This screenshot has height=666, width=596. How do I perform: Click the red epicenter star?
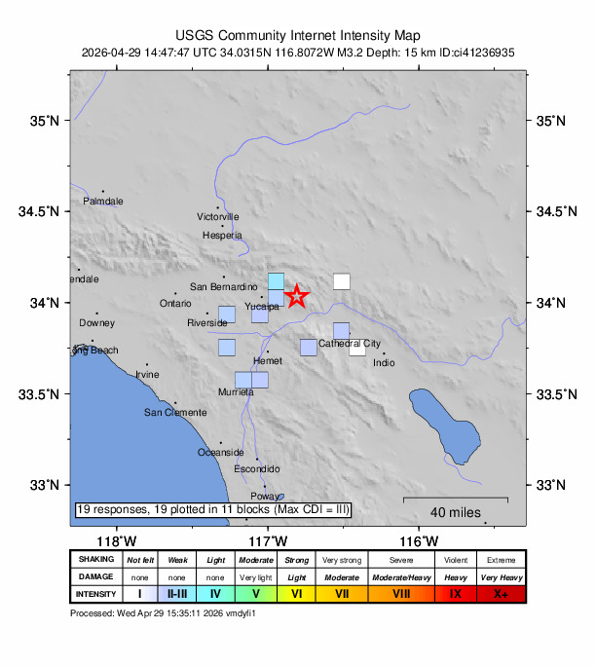[297, 297]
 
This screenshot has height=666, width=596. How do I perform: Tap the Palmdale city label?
[103, 202]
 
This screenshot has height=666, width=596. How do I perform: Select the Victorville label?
[217, 216]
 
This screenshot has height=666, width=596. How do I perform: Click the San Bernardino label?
[222, 286]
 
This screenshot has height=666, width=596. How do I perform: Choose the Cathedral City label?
[350, 344]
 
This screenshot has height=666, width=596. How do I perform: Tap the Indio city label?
[384, 363]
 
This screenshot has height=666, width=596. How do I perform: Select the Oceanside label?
[220, 452]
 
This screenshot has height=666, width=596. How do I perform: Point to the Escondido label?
[257, 468]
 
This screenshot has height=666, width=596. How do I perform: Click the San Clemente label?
[175, 412]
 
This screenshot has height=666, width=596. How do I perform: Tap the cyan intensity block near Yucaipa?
[277, 281]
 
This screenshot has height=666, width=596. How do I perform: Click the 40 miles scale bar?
[456, 499]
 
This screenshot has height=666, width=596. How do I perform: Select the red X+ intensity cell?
[501, 593]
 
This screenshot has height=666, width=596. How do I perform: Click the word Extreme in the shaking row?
[501, 560]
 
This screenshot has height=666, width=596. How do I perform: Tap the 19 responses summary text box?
[212, 509]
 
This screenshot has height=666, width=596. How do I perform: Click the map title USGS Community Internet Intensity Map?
[298, 35]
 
